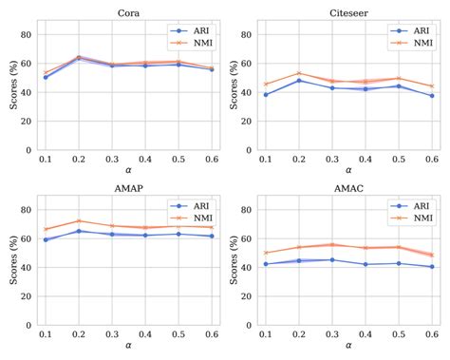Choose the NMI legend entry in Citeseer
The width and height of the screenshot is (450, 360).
(x=410, y=43)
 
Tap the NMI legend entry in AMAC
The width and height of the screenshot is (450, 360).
(x=410, y=218)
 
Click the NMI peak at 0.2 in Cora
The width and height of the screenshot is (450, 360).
(x=79, y=57)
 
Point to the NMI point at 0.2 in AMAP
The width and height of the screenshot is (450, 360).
(x=79, y=221)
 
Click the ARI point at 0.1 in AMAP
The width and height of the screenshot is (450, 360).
(x=46, y=239)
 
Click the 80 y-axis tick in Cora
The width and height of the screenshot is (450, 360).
(x=28, y=34)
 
